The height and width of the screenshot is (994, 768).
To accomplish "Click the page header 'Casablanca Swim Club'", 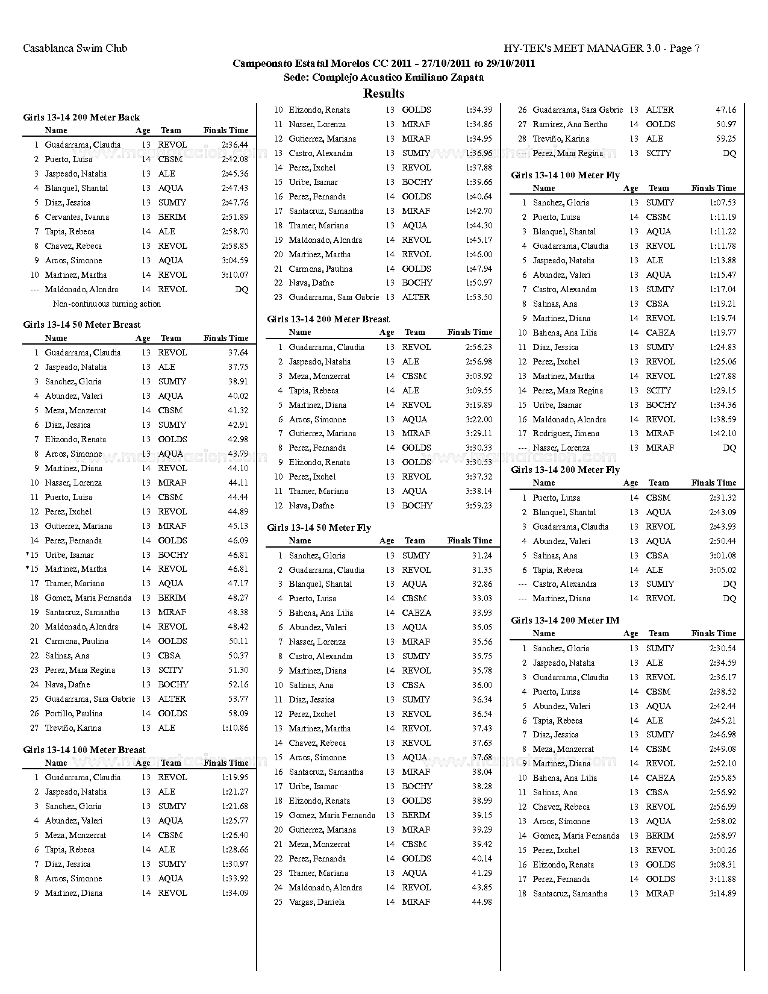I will tap(75, 48).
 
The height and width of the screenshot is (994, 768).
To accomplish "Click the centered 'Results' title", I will tap(384, 93).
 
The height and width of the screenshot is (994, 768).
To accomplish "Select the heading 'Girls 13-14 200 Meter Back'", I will tap(81, 117).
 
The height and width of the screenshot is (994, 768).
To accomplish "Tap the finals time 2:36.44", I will tap(234, 145).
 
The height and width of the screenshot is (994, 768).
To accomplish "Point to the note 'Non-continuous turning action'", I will tap(107, 304).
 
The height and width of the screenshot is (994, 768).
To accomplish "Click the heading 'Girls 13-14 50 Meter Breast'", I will tap(82, 325).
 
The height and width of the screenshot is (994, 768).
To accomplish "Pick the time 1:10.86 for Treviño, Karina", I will tap(234, 728).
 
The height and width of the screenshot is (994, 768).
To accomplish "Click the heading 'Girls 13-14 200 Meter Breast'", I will tap(328, 319).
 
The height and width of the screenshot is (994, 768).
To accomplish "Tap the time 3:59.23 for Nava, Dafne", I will tap(478, 506).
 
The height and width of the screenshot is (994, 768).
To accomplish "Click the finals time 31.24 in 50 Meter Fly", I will tap(482, 556).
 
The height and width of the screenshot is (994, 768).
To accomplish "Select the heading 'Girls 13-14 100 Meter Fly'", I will tap(565, 175).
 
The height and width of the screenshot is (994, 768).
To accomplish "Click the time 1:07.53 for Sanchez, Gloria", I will tap(722, 203).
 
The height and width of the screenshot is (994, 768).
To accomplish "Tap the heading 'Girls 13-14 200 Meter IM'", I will tap(565, 620).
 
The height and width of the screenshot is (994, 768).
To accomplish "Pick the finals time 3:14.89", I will tap(722, 894).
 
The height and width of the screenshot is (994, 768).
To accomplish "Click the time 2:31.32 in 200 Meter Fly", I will tap(722, 498).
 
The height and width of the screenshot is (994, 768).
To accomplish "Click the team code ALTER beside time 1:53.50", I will tap(416, 298).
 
